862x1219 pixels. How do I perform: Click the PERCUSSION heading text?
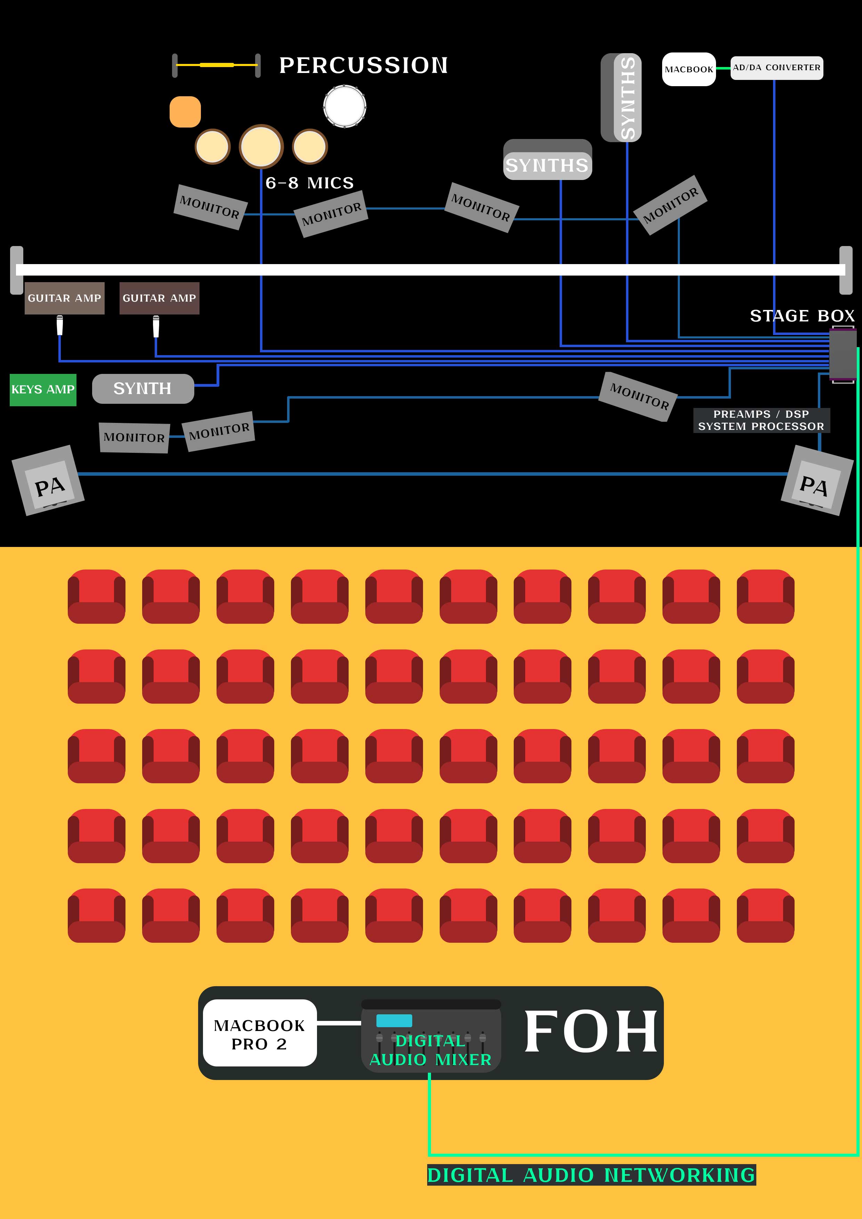click(363, 65)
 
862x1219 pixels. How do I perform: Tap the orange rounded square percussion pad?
click(185, 112)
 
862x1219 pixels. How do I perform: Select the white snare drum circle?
click(345, 106)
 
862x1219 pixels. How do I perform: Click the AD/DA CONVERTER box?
click(776, 68)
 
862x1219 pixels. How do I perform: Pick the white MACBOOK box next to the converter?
click(688, 69)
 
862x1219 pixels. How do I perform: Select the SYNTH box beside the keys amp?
click(143, 388)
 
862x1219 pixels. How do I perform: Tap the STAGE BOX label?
click(802, 316)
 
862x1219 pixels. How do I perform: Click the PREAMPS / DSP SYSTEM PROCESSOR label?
click(761, 420)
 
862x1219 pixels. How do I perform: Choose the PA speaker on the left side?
click(48, 481)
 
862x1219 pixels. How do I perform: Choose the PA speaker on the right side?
click(816, 481)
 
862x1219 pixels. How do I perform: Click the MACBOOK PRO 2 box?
click(260, 1033)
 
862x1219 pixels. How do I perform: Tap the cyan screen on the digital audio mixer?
click(394, 1021)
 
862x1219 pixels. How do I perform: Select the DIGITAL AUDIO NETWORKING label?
click(591, 1175)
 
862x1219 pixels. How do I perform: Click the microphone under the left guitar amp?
click(59, 325)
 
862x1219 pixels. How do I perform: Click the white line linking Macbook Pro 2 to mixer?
click(339, 1023)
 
